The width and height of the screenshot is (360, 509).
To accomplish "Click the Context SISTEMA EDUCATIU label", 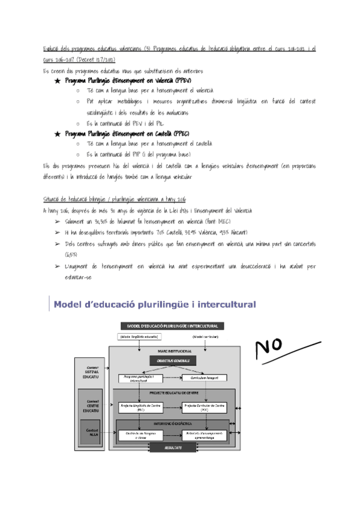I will point(92,370).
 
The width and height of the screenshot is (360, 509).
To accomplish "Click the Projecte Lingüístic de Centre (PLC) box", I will point(140,408).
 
